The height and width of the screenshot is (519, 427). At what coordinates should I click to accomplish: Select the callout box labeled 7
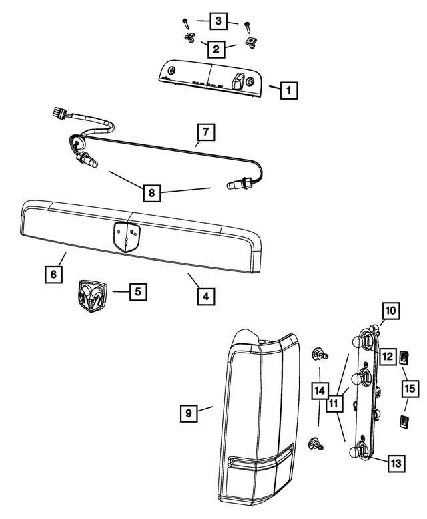pos(206,132)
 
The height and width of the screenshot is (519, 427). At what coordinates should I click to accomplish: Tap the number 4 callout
pos(206,295)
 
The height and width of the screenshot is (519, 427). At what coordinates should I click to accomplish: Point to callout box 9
pos(189,414)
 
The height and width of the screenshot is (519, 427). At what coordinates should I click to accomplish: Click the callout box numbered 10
pos(390,311)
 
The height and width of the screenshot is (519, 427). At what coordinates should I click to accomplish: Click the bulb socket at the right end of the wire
pos(239,182)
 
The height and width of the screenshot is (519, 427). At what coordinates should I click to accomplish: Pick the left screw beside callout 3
pos(185,23)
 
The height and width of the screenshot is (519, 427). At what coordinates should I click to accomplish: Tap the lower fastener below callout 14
pos(315,442)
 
